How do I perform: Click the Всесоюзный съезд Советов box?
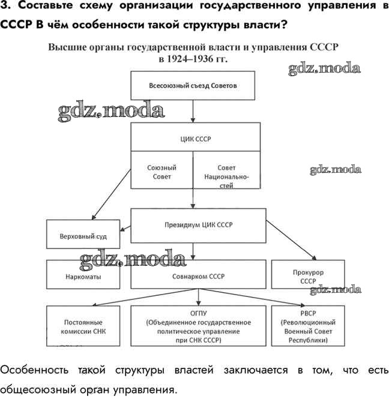(x=193, y=86)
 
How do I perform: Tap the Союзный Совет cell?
(x=161, y=172)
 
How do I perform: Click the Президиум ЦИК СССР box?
(x=198, y=225)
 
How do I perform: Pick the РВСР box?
(x=308, y=326)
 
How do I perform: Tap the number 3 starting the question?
(x=4, y=7)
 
